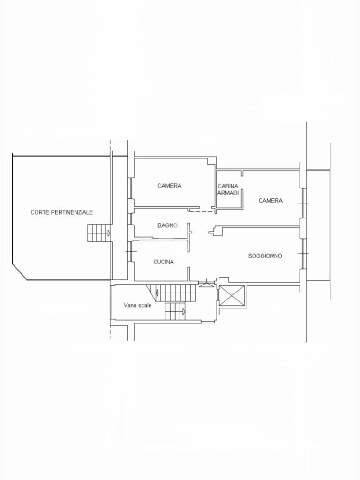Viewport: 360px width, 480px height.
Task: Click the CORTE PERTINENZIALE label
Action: [x=61, y=212]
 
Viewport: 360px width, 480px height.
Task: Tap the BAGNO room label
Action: [x=167, y=225]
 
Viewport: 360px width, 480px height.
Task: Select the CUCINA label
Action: [x=164, y=262]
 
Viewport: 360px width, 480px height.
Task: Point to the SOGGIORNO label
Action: [x=265, y=256]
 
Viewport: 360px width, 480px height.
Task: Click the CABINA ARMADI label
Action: [x=228, y=189]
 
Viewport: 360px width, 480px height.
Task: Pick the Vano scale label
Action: [x=137, y=305]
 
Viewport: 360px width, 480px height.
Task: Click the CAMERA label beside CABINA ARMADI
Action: [x=270, y=201]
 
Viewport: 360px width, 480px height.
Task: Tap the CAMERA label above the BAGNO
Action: [x=170, y=186]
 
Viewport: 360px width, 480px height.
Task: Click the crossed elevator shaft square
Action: [x=232, y=296]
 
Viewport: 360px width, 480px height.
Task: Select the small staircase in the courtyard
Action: [x=99, y=233]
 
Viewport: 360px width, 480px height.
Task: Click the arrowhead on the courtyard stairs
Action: [x=109, y=233]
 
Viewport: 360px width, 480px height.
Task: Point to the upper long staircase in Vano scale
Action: [x=173, y=293]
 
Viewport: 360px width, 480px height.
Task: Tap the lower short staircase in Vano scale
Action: [x=175, y=311]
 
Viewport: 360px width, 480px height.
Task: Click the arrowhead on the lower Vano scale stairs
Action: [x=184, y=312]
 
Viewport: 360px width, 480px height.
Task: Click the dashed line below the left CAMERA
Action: [x=202, y=211]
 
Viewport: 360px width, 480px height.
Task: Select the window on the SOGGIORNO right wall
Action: [x=303, y=254]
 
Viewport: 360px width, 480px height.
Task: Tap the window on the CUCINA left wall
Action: [x=131, y=251]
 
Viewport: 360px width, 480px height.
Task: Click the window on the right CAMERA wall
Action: [x=303, y=203]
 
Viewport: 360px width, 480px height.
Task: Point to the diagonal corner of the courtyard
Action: [x=20, y=271]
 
